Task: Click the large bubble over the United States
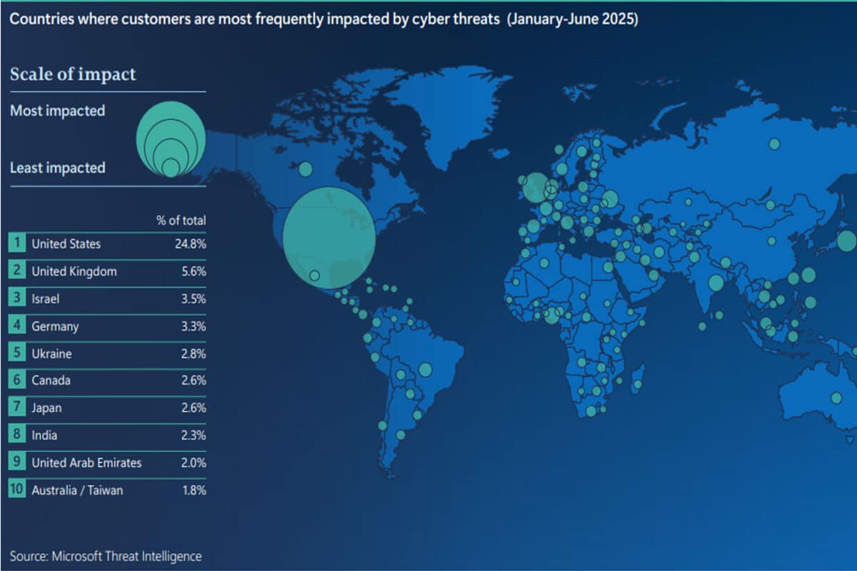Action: pos(329,238)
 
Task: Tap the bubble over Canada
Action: pos(305,169)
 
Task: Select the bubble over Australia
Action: pos(836,398)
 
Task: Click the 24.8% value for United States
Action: pos(190,244)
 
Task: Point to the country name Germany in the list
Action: pos(55,326)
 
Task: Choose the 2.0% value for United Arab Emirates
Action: pos(192,463)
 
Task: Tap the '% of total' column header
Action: pos(181,221)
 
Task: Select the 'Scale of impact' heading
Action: pos(72,74)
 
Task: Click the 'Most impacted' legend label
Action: pos(57,111)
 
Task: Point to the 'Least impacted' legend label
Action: pos(57,168)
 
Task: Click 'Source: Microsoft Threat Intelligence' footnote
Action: pos(106,556)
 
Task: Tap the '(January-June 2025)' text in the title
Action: pos(572,19)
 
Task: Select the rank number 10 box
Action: pos(16,490)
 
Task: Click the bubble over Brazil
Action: pos(426,369)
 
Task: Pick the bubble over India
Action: pos(716,283)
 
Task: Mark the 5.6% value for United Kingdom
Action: pos(192,271)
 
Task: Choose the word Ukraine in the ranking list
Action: pos(51,354)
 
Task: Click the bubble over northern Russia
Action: pos(774,144)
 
